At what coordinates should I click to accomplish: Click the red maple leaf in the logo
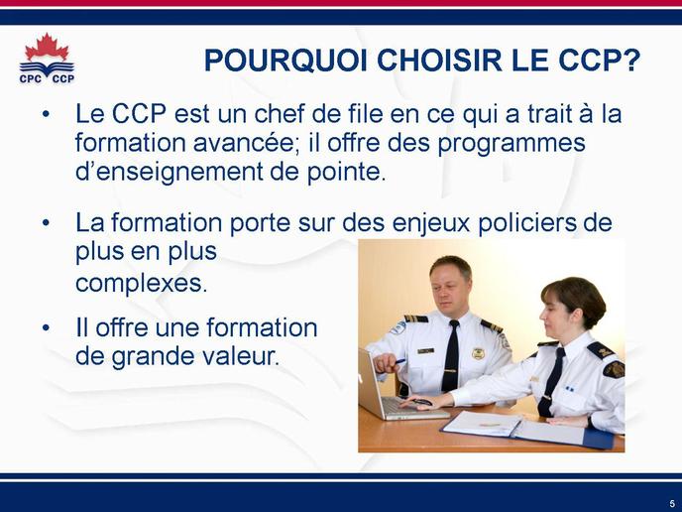tap(47, 48)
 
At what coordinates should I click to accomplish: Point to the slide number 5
tap(672, 503)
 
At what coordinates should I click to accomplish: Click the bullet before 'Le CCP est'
tap(47, 114)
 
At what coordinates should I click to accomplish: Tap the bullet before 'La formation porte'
tap(47, 223)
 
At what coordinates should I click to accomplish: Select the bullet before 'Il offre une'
tap(47, 327)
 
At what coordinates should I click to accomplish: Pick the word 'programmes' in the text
tap(511, 145)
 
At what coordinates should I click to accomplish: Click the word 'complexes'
tap(142, 284)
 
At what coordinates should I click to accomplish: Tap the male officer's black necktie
tap(451, 356)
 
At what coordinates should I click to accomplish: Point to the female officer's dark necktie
tap(550, 382)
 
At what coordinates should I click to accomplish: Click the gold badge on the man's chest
tap(478, 353)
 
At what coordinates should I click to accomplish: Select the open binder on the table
tap(528, 429)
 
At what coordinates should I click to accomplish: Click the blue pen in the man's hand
tap(398, 362)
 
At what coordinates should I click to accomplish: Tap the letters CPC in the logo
tap(31, 78)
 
